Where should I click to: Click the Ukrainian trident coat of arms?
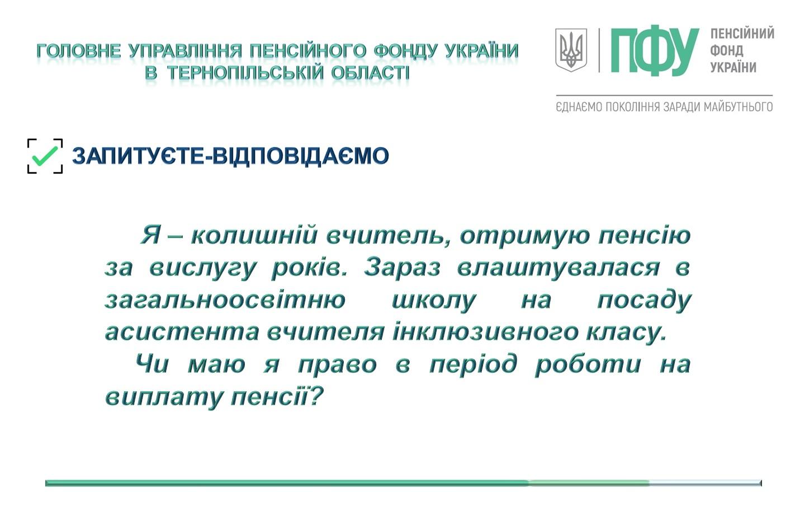[x=571, y=50]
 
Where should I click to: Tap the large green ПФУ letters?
[x=655, y=50]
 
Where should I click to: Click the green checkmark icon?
[x=45, y=156]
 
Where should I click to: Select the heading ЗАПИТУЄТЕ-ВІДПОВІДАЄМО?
[x=230, y=156]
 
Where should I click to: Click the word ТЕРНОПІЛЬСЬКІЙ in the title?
[x=245, y=73]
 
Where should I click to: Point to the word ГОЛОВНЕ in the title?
[x=79, y=51]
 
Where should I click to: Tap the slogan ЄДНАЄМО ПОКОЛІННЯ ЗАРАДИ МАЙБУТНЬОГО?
[x=664, y=107]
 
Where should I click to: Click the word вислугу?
[x=202, y=268]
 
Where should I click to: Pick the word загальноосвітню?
[x=225, y=300]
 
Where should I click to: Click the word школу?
[x=434, y=301]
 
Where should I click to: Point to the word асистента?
[x=182, y=333]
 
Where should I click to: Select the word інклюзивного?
[x=485, y=332]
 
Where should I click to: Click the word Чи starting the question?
[x=152, y=364]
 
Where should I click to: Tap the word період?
[x=473, y=364]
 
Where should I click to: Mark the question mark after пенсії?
[x=315, y=396]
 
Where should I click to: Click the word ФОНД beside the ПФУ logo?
[x=726, y=50]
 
